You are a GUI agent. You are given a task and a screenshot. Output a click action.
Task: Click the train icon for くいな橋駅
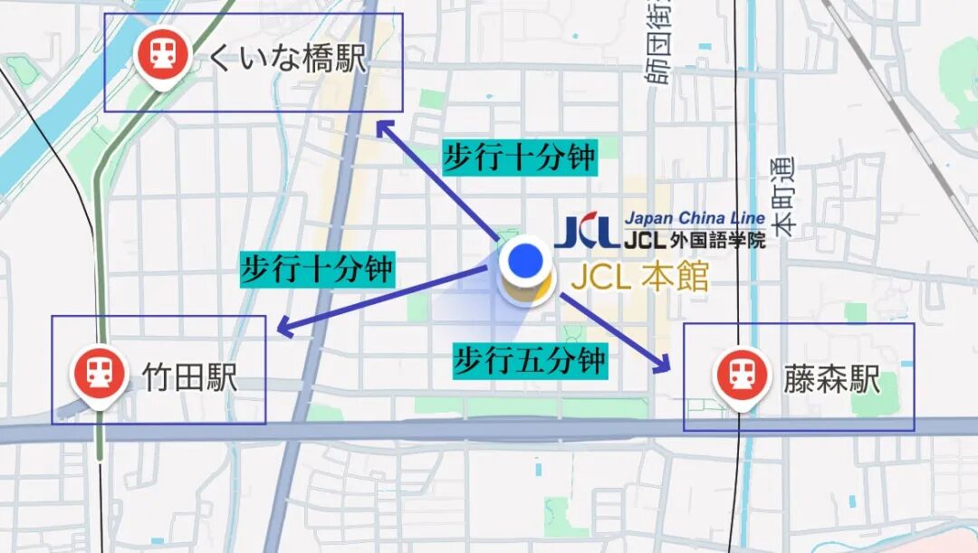162,54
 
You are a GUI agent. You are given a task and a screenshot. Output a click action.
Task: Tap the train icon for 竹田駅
98,371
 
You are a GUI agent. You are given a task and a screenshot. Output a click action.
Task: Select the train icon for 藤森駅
740,375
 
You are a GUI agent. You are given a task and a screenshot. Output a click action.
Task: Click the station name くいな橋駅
287,59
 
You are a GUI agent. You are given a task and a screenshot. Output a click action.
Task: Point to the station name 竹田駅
190,377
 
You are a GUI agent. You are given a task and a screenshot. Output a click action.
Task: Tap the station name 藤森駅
831,379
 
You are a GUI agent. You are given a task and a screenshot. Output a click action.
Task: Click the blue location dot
524,262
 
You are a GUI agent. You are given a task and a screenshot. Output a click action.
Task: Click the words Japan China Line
695,219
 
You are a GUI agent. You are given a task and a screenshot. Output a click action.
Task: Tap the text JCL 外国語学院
695,241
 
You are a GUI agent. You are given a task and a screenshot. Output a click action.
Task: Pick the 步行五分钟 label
530,362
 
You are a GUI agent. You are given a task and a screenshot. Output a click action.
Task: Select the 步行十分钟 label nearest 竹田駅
318,270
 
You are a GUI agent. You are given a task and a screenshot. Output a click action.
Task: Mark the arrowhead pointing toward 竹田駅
284,328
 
